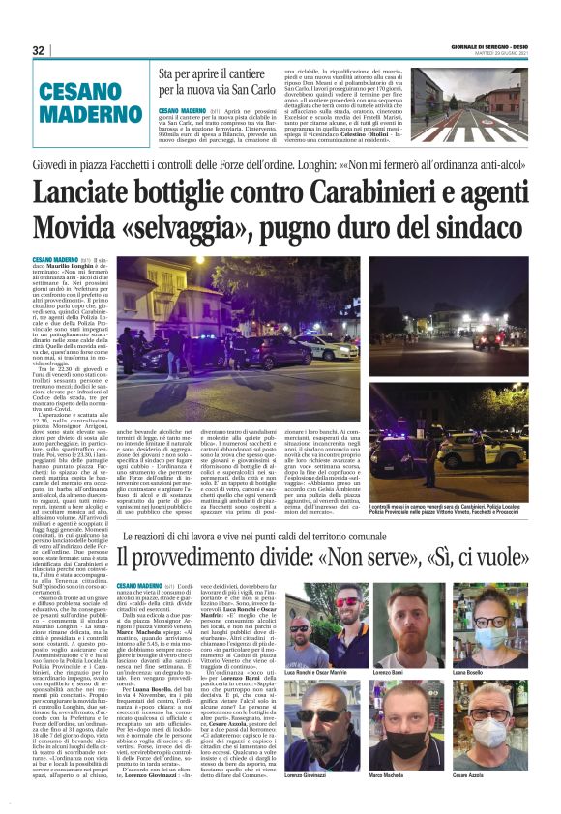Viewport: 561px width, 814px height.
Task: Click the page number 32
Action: [39, 50]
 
